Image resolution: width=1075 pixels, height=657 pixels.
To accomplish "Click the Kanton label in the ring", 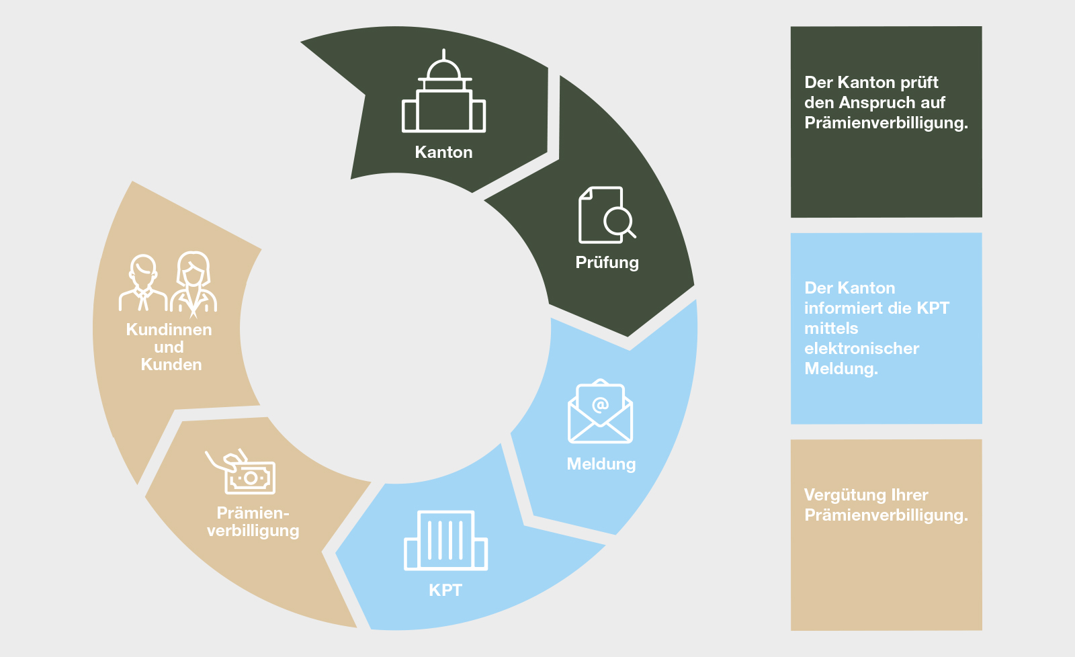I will pos(443,152).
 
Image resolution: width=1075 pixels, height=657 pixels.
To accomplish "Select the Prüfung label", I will pos(607,263).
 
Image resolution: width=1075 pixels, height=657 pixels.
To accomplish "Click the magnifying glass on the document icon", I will pos(619,220).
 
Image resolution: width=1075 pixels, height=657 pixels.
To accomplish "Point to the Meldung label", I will pos(601,464).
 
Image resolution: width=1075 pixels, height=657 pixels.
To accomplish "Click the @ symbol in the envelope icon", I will pos(600,404).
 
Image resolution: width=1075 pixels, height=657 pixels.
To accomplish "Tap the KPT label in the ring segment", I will pos(445,590).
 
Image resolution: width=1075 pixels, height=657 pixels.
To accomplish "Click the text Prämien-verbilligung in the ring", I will pos(253,522).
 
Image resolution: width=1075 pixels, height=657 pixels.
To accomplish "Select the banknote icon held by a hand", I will pos(249,476).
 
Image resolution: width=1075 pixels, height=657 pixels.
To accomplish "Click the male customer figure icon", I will pos(142,283).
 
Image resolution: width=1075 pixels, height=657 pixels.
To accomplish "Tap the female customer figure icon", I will pos(193,283).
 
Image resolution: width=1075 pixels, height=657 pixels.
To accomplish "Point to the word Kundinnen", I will pos(169,330).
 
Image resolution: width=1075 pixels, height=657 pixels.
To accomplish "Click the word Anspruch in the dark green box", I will pos(887,103).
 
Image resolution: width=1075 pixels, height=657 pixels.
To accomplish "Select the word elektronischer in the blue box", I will pos(861,349).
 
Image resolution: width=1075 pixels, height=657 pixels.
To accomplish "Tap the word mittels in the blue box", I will pos(831,328).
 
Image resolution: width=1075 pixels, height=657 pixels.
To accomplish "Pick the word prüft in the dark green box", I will pos(919,83).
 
